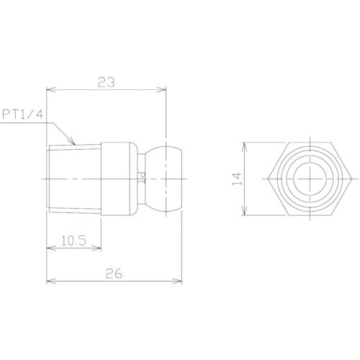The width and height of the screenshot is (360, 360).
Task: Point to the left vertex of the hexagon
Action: pos(264,177)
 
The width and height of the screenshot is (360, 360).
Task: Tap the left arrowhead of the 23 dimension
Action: pos(50,90)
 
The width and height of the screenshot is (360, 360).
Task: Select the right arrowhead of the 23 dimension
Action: pos(166,90)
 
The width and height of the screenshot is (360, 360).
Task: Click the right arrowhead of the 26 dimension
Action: pos(185,281)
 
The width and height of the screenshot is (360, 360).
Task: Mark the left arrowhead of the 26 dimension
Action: pos(50,281)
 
